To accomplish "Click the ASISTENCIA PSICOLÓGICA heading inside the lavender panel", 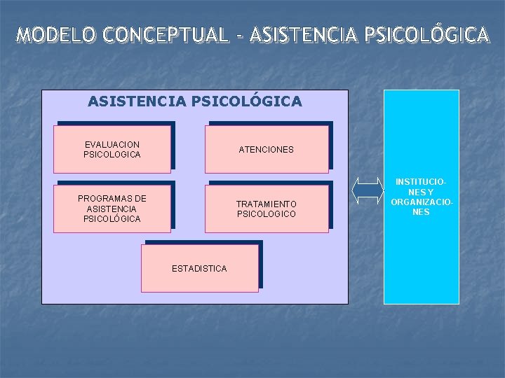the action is click(195, 101).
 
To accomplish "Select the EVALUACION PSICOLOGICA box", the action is click(112, 149).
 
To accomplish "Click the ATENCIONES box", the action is click(267, 149).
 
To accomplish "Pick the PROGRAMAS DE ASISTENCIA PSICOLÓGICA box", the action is click(112, 209).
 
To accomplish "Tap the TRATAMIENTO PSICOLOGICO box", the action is click(267, 209).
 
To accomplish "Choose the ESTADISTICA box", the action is click(200, 268).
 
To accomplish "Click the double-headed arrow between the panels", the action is click(367, 191).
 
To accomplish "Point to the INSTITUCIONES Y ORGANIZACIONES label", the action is click(422, 197).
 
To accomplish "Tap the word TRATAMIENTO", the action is click(267, 204).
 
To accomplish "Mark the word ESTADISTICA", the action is click(200, 268).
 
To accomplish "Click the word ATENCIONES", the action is click(267, 149).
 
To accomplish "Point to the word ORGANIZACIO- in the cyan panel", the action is click(422, 202).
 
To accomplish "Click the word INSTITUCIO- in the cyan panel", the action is click(422, 182).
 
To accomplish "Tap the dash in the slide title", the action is click(238, 35).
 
